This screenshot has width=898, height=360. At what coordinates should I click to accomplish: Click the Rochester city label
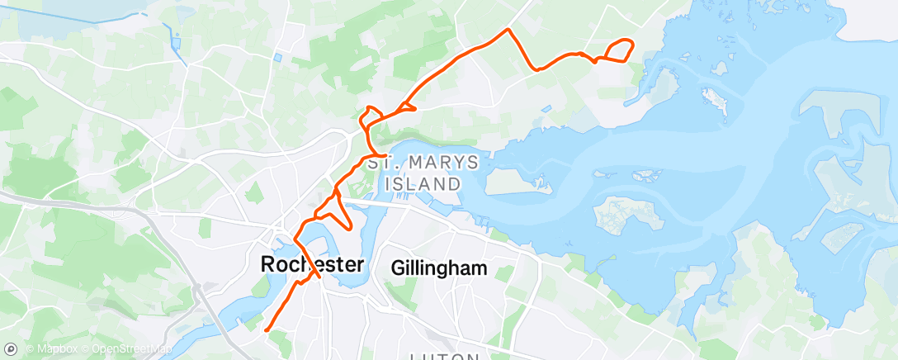pyautogui.click(x=312, y=265)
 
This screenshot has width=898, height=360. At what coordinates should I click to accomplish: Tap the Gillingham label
pyautogui.click(x=439, y=268)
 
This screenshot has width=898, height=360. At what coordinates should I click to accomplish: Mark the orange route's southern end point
pyautogui.click(x=266, y=330)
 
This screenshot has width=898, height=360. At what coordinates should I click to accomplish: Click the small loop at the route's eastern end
pyautogui.click(x=620, y=50)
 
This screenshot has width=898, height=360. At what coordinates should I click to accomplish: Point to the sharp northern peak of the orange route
pyautogui.click(x=508, y=30)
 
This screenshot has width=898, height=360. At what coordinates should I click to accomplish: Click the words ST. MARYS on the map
pyautogui.click(x=423, y=163)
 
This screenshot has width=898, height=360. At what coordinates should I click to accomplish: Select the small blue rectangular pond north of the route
pyautogui.click(x=277, y=58)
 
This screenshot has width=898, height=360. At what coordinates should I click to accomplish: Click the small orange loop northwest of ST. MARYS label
pyautogui.click(x=371, y=116)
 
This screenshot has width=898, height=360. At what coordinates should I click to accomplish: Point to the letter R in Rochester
pyautogui.click(x=267, y=265)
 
